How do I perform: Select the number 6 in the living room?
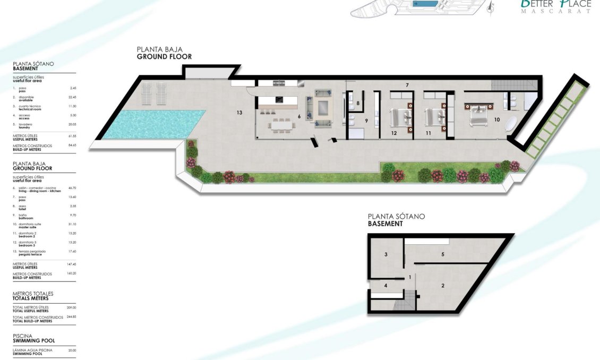point(299,116)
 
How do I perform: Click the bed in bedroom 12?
point(399,116)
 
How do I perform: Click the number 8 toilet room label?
point(358,104)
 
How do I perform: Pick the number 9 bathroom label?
point(366,121)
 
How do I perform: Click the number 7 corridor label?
point(407,85)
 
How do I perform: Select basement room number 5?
point(442,254)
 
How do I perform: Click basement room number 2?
point(442,286)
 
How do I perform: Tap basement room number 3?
point(385,255)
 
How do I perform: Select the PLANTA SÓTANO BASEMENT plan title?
point(396,220)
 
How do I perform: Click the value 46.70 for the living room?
point(73,188)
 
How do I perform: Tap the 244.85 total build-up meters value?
point(71,317)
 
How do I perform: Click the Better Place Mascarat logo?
point(556,6)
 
